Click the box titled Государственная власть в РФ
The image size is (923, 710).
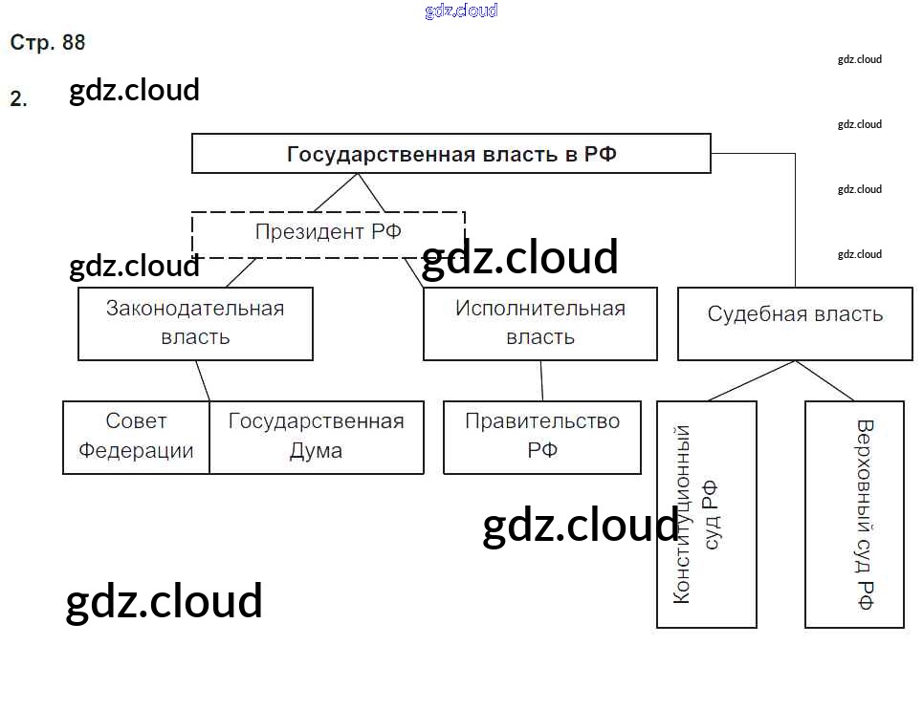[451, 154]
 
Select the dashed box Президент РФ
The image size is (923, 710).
[328, 233]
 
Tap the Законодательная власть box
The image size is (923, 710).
[195, 323]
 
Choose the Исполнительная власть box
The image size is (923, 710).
[539, 323]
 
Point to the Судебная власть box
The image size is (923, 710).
[795, 324]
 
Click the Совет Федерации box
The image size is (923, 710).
[136, 437]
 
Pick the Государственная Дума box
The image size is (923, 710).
[316, 437]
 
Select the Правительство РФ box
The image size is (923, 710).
[541, 437]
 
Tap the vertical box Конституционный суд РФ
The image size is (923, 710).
[706, 513]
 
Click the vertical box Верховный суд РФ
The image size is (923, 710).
[854, 513]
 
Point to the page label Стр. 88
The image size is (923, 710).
[48, 43]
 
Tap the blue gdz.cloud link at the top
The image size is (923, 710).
[461, 11]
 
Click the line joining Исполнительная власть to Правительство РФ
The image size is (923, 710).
[541, 380]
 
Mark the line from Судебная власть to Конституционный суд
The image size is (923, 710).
[752, 380]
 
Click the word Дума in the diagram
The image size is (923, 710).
[316, 451]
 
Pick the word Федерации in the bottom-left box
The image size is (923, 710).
[136, 451]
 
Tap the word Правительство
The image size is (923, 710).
[541, 421]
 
